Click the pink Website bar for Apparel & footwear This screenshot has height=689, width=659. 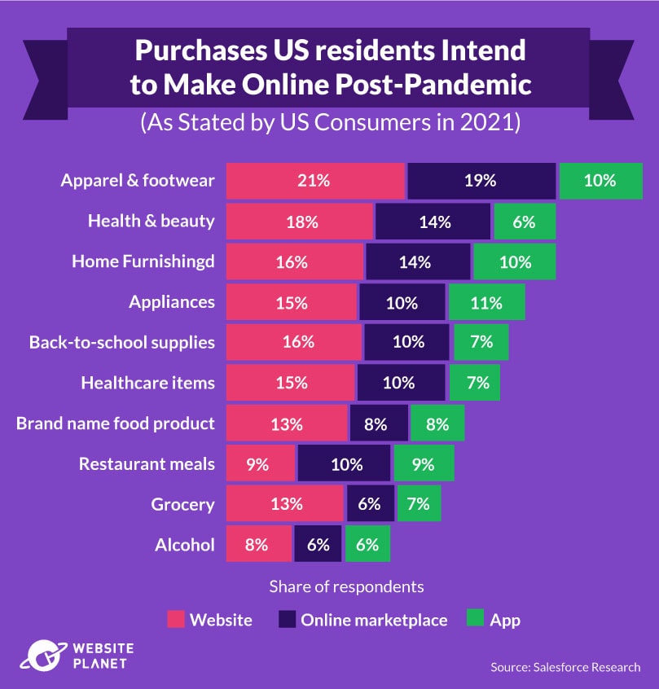pyautogui.click(x=314, y=181)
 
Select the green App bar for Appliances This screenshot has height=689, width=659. pyautogui.click(x=486, y=302)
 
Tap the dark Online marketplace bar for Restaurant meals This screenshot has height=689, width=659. pyautogui.click(x=345, y=463)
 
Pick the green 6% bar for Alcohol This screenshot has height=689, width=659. pyautogui.click(x=367, y=544)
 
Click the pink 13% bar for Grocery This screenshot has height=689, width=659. pyautogui.click(x=285, y=503)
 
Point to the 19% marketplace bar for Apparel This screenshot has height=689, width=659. pyautogui.click(x=481, y=181)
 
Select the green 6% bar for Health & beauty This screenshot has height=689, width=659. pyautogui.click(x=524, y=222)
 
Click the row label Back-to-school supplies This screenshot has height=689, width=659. pyautogui.click(x=122, y=342)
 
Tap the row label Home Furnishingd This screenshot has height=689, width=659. pyautogui.click(x=143, y=261)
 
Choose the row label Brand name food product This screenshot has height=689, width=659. pyautogui.click(x=116, y=423)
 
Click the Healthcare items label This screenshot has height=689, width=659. pyautogui.click(x=147, y=383)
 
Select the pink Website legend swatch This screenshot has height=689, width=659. pyautogui.click(x=176, y=620)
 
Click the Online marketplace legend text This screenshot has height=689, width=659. pyautogui.click(x=374, y=620)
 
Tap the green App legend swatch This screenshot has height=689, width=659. pyautogui.click(x=477, y=620)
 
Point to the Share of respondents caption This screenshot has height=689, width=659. pyautogui.click(x=346, y=586)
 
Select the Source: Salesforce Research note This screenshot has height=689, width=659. pyautogui.click(x=565, y=667)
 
